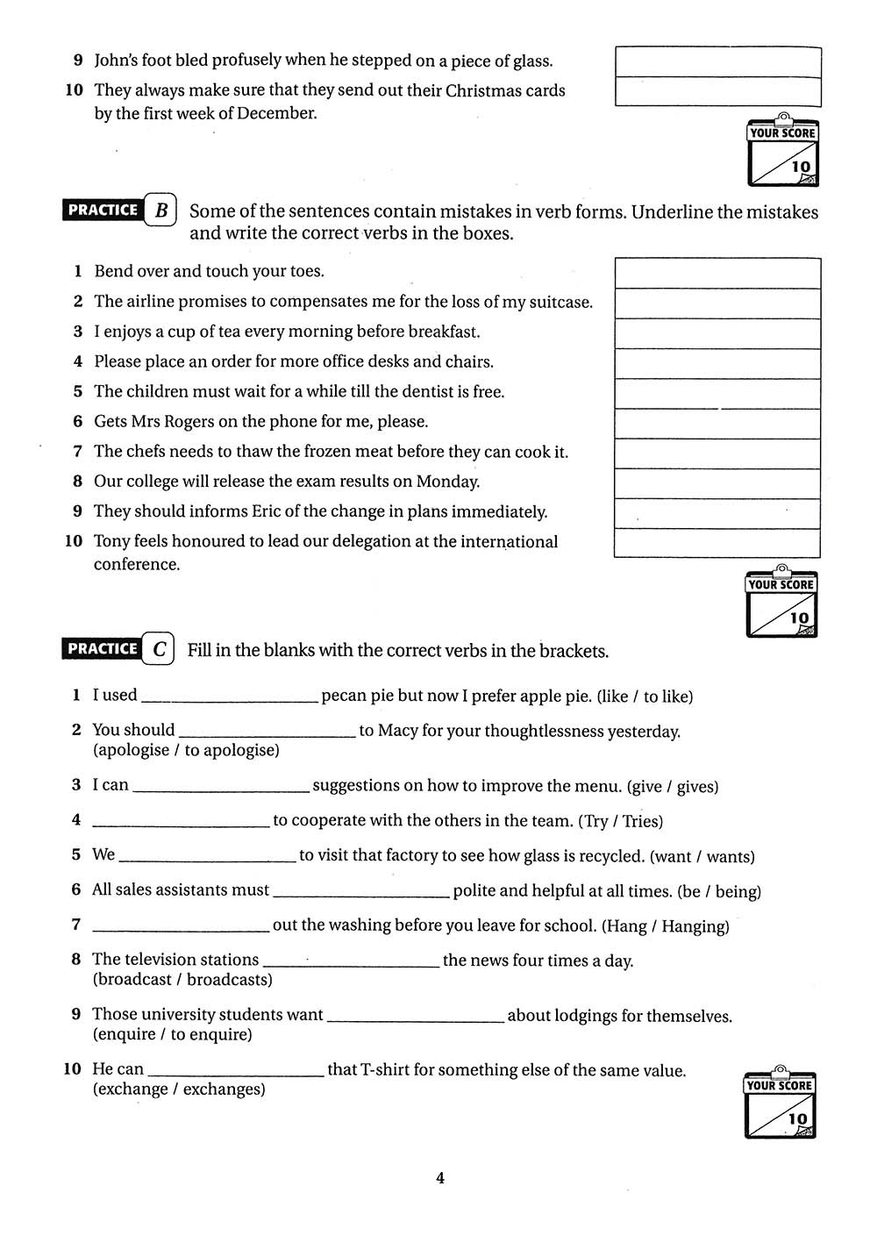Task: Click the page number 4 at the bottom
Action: [440, 1178]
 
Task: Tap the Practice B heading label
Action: [120, 211]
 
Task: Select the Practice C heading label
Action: [118, 649]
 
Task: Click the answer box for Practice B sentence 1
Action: [717, 273]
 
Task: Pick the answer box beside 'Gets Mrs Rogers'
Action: [717, 424]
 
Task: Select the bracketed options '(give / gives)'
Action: [673, 787]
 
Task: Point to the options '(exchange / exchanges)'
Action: [179, 1089]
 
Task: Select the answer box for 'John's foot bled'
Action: [718, 61]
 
